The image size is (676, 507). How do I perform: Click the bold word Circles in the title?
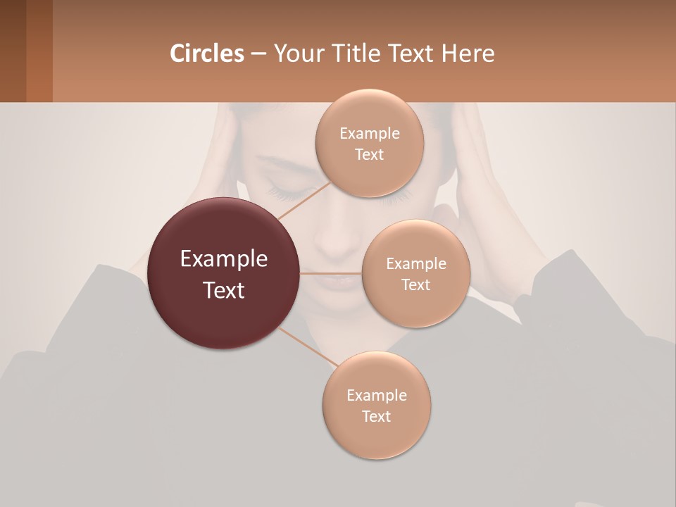[x=206, y=54]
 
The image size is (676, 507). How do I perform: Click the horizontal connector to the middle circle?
[x=330, y=273]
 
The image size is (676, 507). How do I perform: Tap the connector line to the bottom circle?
[x=307, y=346]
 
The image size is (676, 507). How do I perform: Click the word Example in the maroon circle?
[x=224, y=259]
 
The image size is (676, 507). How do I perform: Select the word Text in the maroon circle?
[x=224, y=290]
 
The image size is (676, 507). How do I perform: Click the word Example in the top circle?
[x=369, y=134]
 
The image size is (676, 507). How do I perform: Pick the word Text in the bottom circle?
[x=376, y=416]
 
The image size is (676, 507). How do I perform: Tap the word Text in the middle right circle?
[x=415, y=284]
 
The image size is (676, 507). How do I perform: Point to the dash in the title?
[x=258, y=54]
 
